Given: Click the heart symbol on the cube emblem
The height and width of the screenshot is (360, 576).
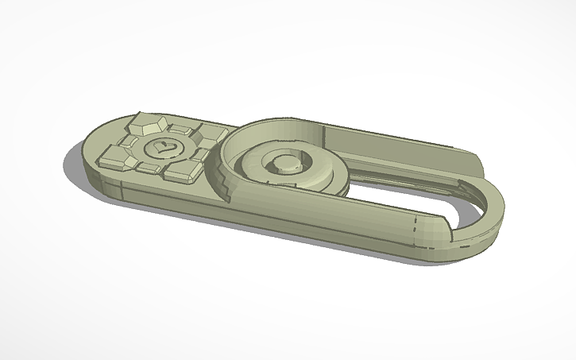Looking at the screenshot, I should (x=162, y=147).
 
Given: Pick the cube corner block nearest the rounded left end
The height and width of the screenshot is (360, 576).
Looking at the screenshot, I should (x=113, y=158).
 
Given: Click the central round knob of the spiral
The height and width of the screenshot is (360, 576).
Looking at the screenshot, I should (x=284, y=163).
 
